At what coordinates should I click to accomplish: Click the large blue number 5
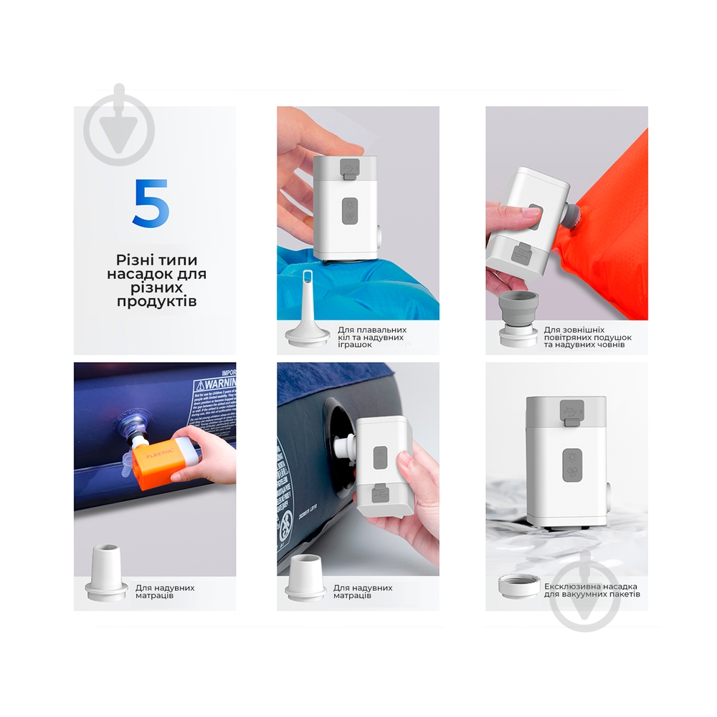[x=151, y=203]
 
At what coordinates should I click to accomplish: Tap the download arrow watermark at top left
[x=119, y=130]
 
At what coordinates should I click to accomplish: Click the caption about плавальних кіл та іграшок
[x=371, y=337]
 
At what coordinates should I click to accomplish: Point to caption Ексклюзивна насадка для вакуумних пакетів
[x=592, y=589]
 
